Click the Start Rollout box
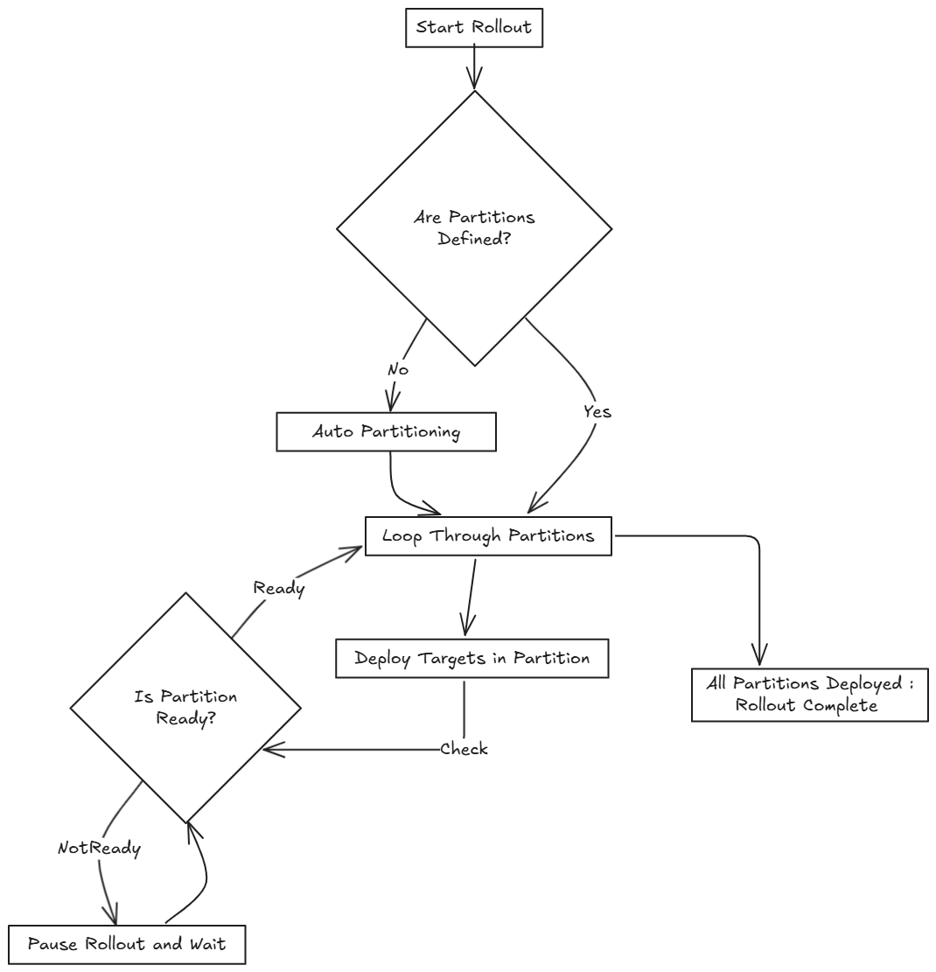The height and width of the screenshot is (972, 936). (x=474, y=27)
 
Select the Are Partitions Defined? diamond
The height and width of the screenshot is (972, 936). (x=474, y=228)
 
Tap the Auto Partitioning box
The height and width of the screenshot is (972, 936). (x=386, y=432)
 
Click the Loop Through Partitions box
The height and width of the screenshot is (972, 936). (x=487, y=536)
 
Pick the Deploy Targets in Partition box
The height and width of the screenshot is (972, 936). (x=471, y=659)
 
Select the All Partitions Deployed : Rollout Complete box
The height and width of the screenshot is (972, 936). (x=809, y=696)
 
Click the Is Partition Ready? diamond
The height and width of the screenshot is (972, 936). (x=185, y=708)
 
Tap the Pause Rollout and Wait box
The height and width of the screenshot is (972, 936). (x=127, y=945)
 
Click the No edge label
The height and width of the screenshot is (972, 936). (x=398, y=370)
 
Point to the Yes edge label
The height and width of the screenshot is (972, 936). (x=597, y=412)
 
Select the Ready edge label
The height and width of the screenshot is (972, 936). (x=278, y=589)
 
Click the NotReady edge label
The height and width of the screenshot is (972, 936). (x=99, y=848)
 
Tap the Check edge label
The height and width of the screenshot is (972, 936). (x=464, y=749)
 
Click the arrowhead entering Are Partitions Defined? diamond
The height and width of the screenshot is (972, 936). (x=474, y=81)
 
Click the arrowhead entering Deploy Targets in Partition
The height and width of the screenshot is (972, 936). (x=465, y=627)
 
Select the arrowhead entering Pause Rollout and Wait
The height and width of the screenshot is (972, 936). (x=113, y=914)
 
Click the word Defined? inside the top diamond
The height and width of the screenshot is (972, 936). (x=474, y=240)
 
